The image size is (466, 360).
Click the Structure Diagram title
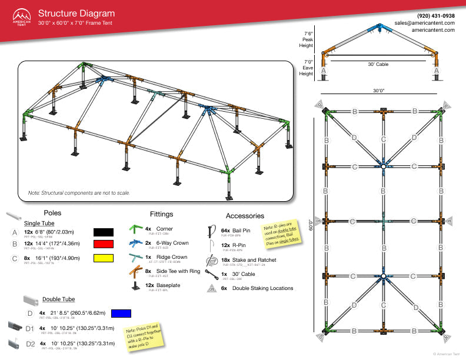[76, 13]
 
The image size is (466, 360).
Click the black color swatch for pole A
[104, 232]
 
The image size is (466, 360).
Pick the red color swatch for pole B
[104, 245]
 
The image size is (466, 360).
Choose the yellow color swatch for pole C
[104, 258]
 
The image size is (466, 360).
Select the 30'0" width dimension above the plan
[378, 91]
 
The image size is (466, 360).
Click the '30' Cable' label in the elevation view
[378, 64]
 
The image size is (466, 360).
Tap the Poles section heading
[52, 213]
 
